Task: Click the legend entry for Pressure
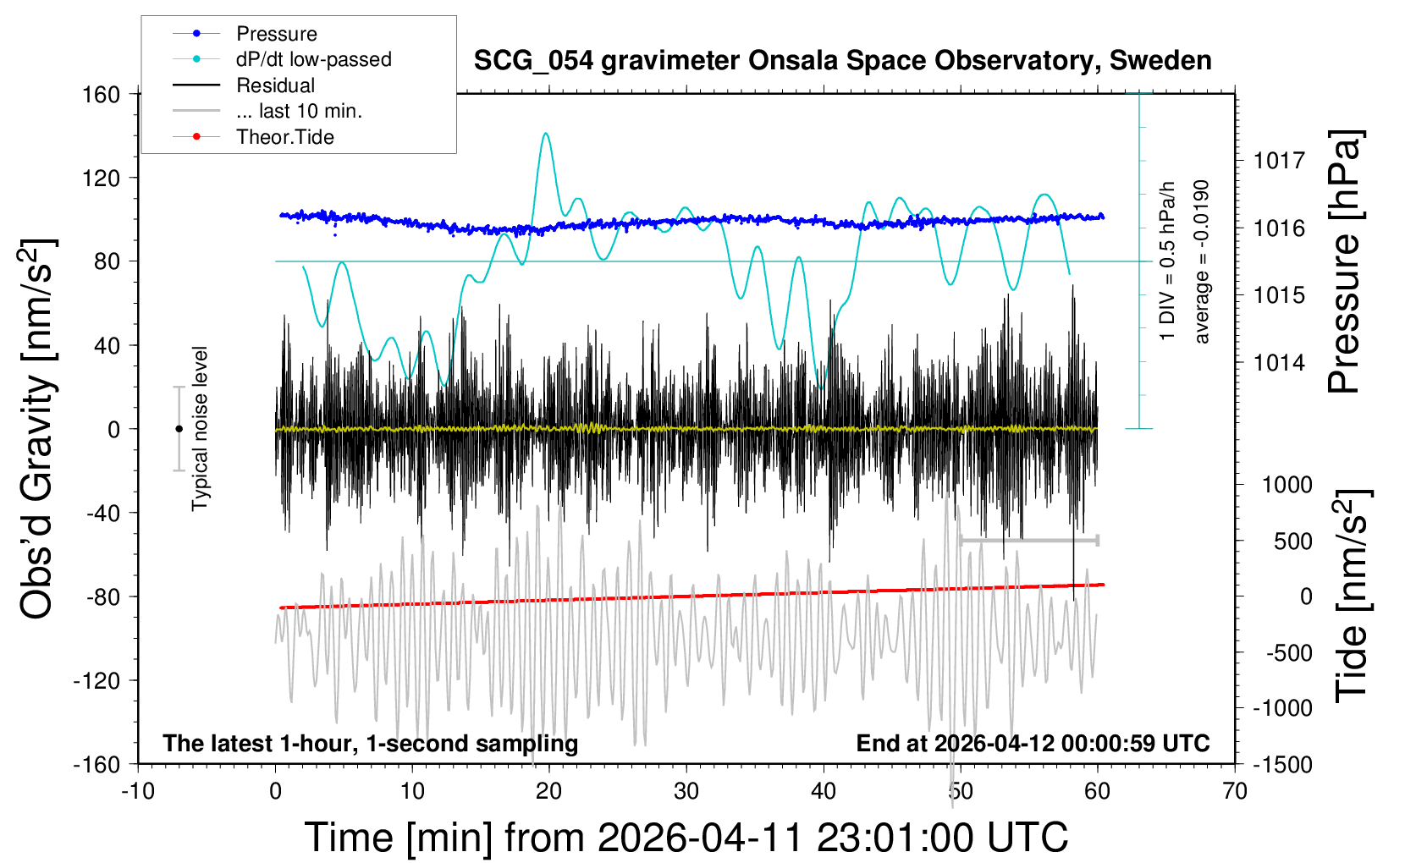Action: [x=276, y=34]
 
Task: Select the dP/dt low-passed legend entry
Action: [x=313, y=59]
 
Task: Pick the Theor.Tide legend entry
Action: [x=285, y=137]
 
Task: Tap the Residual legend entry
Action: [x=275, y=85]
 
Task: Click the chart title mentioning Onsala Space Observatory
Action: [x=842, y=61]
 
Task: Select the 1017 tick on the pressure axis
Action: [x=1280, y=160]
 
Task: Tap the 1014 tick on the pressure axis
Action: [x=1280, y=362]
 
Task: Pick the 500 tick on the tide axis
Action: [x=1293, y=541]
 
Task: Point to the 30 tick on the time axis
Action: [x=686, y=791]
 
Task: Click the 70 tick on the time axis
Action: [x=1235, y=791]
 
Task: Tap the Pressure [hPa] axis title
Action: [x=1345, y=261]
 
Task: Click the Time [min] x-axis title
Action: [x=686, y=838]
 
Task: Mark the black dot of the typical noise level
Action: [x=179, y=429]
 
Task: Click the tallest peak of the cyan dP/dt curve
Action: [x=546, y=134]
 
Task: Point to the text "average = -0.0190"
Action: [x=1202, y=261]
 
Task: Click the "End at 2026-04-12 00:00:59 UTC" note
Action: [x=1033, y=744]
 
